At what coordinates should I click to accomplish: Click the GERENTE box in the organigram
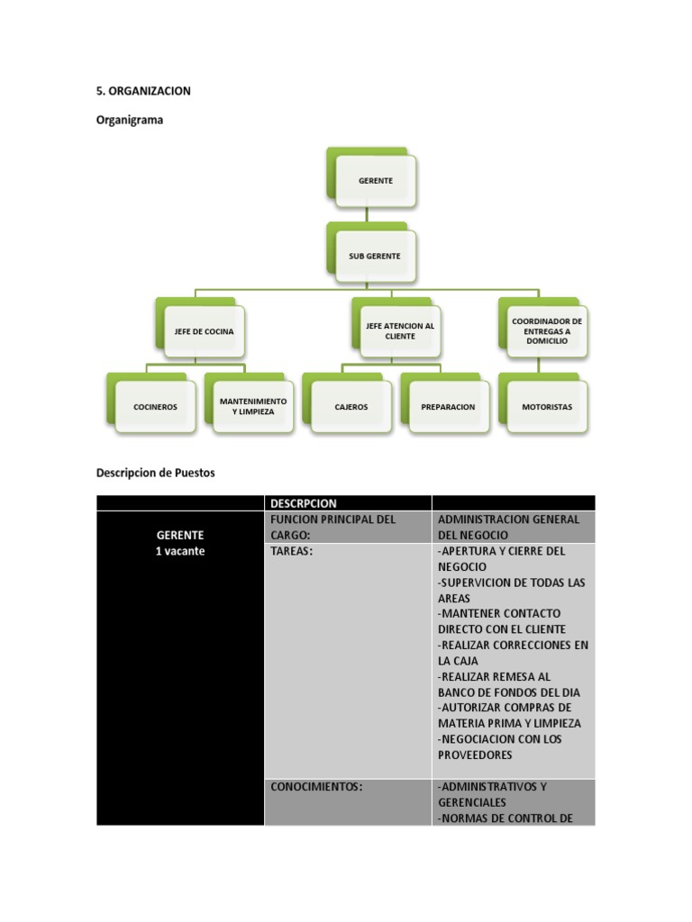[x=375, y=181]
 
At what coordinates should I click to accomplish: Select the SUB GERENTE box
[x=375, y=256]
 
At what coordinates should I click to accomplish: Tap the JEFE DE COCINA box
[x=204, y=331]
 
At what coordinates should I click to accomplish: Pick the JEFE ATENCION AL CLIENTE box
[x=400, y=331]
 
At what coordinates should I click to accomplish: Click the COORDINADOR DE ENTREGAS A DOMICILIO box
[x=546, y=330]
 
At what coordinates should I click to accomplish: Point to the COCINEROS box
[x=155, y=406]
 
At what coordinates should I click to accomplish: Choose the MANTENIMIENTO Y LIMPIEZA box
[x=253, y=406]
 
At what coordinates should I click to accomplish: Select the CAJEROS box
[x=351, y=406]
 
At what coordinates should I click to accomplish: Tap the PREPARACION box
[x=448, y=406]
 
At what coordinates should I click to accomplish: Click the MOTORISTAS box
[x=546, y=406]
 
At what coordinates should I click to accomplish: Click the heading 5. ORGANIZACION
[x=143, y=91]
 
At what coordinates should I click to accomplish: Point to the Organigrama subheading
[x=130, y=121]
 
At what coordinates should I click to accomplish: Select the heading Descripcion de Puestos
[x=155, y=473]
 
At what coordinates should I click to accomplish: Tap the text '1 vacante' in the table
[x=179, y=551]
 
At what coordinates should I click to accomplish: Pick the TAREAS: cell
[x=291, y=551]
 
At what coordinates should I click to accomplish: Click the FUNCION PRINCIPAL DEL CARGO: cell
[x=332, y=527]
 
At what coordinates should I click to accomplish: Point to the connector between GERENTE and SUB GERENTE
[x=367, y=212]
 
